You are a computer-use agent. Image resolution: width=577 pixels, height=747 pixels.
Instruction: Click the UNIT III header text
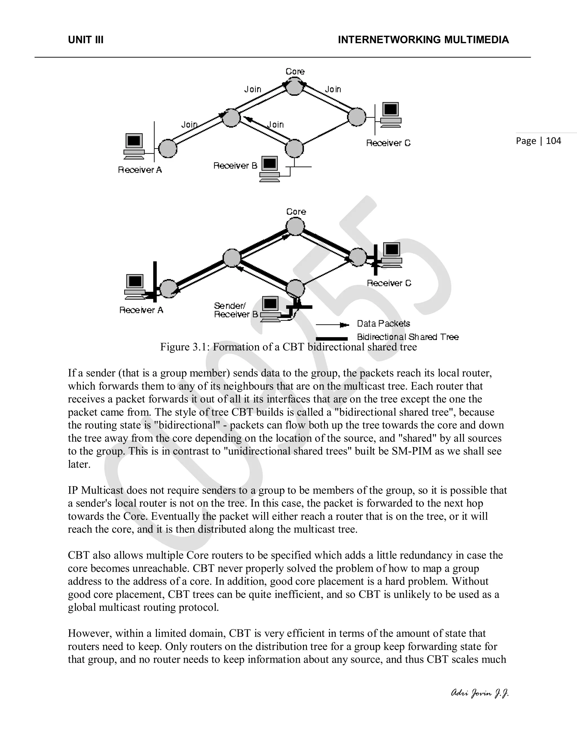(x=86, y=40)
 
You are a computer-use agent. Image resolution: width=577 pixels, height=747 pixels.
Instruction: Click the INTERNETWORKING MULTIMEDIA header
(x=423, y=40)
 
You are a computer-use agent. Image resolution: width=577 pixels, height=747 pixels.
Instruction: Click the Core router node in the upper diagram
(x=294, y=87)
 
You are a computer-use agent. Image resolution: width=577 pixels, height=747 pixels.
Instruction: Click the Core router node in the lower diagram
(x=295, y=226)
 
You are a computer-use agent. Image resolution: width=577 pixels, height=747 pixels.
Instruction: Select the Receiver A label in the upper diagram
(x=140, y=170)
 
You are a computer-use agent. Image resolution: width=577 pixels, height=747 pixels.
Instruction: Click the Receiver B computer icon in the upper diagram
(x=270, y=168)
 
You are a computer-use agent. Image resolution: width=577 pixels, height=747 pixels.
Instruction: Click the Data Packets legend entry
(x=383, y=324)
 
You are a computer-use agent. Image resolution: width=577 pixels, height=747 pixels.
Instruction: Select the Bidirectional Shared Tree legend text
(x=407, y=337)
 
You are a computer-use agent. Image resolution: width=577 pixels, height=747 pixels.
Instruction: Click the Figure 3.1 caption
(x=288, y=347)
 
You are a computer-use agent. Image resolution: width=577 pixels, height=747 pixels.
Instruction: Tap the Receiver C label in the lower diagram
(x=389, y=283)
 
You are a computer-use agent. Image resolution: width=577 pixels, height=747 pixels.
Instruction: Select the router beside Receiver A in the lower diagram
(x=168, y=289)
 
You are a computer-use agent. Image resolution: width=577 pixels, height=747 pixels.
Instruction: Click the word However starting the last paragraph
(x=90, y=633)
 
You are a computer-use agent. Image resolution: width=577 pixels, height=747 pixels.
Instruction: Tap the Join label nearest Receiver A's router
(x=189, y=125)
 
